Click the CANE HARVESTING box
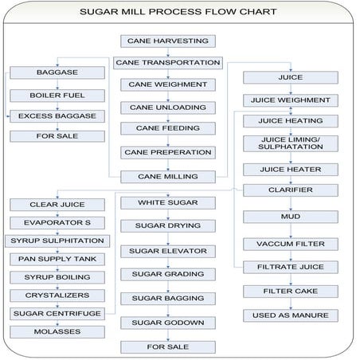tap(167, 41)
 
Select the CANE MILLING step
tap(167, 176)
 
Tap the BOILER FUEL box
tap(57, 95)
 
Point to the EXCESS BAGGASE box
tap(57, 116)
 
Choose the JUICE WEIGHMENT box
tap(290, 100)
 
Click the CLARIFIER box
tap(290, 190)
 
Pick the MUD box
tap(290, 217)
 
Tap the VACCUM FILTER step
tap(290, 243)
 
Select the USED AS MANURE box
tap(290, 315)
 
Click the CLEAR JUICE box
tap(57, 205)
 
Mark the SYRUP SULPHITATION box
tap(57, 241)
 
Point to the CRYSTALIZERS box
tap(57, 295)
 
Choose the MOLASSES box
tap(57, 331)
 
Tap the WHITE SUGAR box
tap(167, 203)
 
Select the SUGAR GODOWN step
tap(167, 323)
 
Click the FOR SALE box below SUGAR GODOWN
tap(167, 346)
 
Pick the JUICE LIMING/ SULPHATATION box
tap(290, 145)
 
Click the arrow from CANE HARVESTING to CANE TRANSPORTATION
tap(167, 51)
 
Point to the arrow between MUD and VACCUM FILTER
tap(290, 230)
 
